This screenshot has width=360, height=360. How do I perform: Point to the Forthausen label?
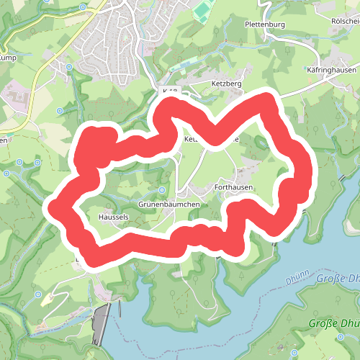233,186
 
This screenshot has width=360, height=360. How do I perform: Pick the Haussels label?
112,215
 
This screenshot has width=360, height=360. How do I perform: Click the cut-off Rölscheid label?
345,21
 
